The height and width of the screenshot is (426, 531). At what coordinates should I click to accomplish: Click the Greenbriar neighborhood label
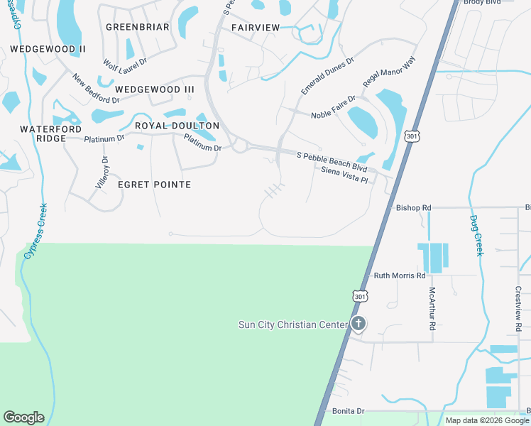point(137,27)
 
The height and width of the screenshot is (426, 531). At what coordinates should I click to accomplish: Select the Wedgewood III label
point(154,89)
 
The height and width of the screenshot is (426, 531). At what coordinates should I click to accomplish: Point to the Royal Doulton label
point(177,126)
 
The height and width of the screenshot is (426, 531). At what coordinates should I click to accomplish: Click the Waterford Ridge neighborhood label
point(47,133)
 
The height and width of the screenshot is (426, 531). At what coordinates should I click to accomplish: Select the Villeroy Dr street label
point(104,172)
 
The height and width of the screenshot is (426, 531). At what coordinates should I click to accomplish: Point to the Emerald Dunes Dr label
point(327,76)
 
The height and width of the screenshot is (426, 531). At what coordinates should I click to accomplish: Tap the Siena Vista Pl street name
point(344,175)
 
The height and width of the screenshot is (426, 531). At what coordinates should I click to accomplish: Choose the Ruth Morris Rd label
point(400,275)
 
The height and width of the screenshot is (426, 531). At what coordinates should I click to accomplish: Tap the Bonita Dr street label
point(348,411)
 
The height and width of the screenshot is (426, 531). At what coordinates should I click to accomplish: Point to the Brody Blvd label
point(483,3)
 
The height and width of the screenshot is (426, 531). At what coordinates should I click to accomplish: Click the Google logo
point(23,417)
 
